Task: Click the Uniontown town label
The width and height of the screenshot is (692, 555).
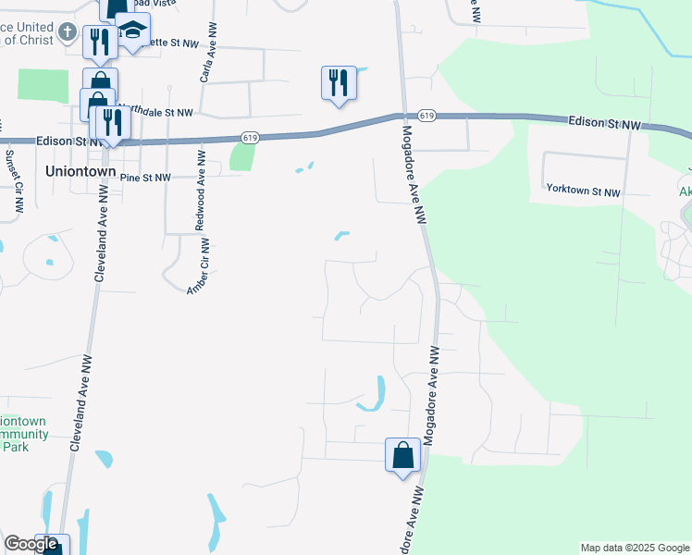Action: [x=81, y=172]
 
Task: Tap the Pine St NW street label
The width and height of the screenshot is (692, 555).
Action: [x=146, y=177]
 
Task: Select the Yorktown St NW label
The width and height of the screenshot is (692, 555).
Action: [x=583, y=191]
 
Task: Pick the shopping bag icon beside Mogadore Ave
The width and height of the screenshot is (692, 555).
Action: [x=402, y=455]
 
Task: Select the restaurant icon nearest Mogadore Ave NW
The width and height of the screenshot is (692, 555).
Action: [x=339, y=83]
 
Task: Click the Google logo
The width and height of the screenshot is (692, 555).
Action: [x=31, y=544]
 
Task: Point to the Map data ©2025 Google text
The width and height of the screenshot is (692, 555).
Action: [x=635, y=548]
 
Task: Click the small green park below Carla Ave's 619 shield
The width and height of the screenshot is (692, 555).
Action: [x=241, y=156]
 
